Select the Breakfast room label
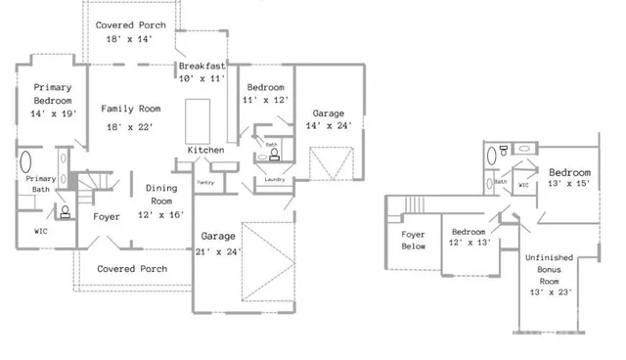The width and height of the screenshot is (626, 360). pyautogui.click(x=202, y=66)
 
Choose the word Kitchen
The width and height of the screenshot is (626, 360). pyautogui.click(x=206, y=151)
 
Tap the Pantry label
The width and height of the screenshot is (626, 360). pyautogui.click(x=205, y=183)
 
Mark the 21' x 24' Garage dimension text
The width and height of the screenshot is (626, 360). pyautogui.click(x=217, y=251)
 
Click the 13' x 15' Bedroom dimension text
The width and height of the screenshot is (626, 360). pyautogui.click(x=568, y=185)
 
